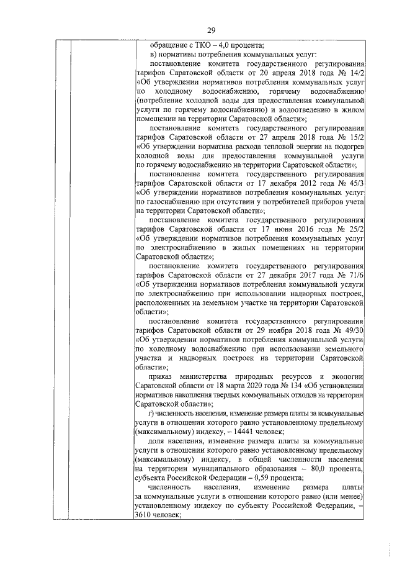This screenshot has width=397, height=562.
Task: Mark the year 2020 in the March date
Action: click(232, 384)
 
